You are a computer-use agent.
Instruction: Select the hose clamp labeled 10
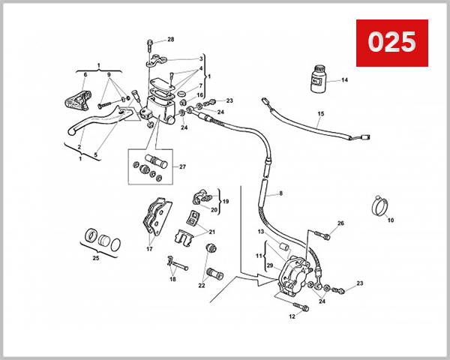(x=381, y=204)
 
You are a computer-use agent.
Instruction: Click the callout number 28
(x=170, y=39)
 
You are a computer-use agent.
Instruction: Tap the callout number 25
(x=94, y=258)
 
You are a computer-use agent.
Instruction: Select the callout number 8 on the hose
(x=281, y=193)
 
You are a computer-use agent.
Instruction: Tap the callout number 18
(x=172, y=279)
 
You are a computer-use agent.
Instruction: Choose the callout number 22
(x=201, y=286)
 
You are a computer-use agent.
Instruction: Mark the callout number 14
(x=346, y=79)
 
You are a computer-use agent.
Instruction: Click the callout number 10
(x=390, y=220)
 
